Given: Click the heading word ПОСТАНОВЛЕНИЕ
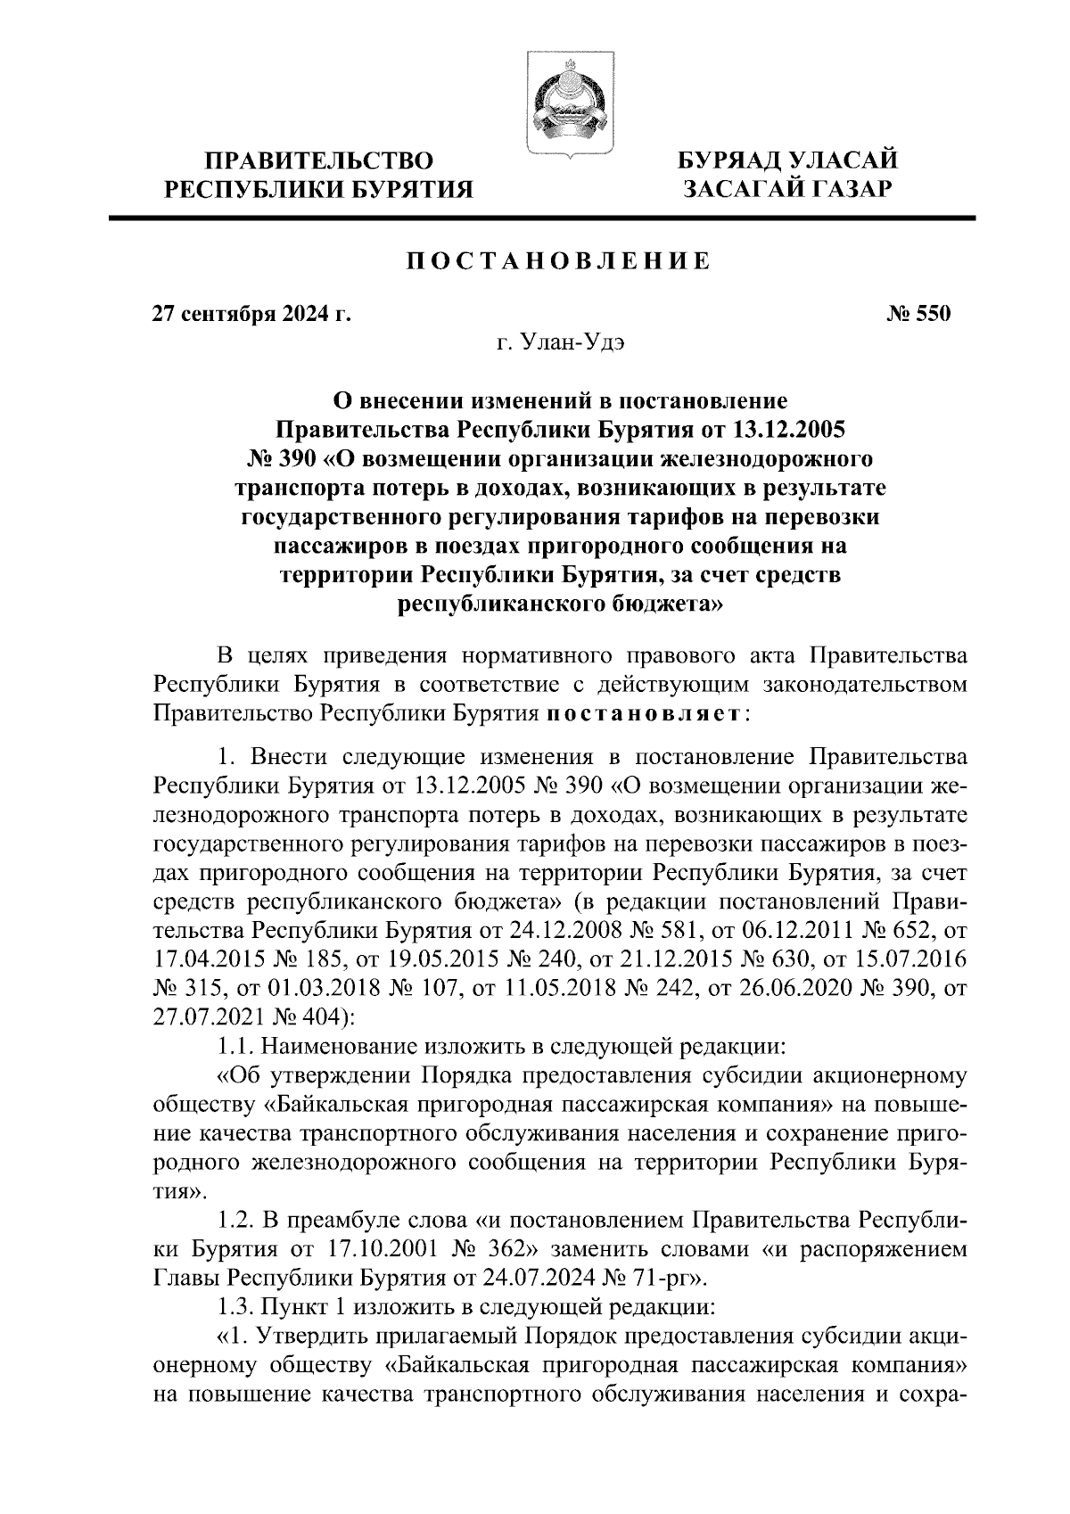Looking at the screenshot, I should point(559,262).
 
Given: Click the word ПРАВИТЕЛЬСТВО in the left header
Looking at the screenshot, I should point(320,161).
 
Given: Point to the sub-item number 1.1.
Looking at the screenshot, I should point(235,1044).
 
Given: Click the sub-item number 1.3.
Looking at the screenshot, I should point(235,1307).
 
